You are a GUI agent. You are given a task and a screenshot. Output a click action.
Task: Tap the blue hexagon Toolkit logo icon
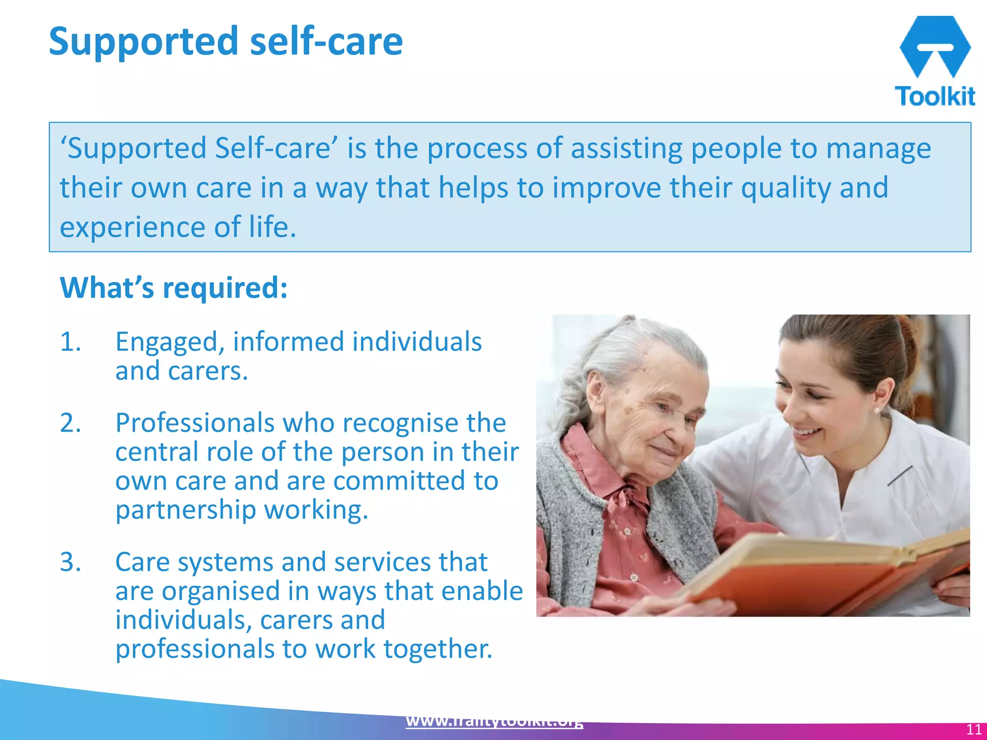(934, 46)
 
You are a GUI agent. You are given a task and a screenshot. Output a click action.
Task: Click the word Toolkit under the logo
(934, 96)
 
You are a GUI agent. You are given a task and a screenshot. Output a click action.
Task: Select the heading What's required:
(173, 288)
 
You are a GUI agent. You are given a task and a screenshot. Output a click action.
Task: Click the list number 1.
(70, 342)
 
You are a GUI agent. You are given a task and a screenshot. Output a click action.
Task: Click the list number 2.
(70, 423)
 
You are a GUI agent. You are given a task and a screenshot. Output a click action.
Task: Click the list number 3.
(70, 562)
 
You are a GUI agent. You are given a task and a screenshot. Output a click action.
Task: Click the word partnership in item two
(186, 510)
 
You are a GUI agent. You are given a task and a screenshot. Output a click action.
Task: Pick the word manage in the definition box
(878, 148)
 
